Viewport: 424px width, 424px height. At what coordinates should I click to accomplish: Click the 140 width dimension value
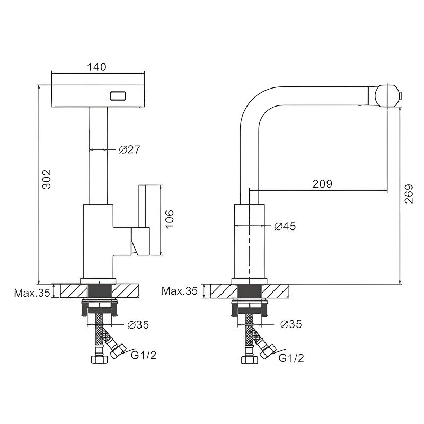tap(96, 67)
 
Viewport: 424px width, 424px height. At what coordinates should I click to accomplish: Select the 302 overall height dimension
tap(47, 179)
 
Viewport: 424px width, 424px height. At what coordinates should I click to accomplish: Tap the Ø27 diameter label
tap(130, 149)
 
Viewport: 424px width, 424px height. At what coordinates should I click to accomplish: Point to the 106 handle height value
tap(169, 219)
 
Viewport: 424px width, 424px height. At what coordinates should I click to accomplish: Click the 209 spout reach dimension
tap(322, 184)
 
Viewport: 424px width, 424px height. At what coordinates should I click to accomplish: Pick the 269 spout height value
tap(409, 193)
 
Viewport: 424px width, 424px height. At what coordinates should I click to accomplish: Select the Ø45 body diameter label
tap(285, 226)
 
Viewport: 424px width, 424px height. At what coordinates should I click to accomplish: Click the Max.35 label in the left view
tap(32, 293)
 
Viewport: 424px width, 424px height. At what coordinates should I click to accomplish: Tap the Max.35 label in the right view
tap(180, 290)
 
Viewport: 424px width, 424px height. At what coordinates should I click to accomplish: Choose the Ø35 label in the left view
tap(138, 325)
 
